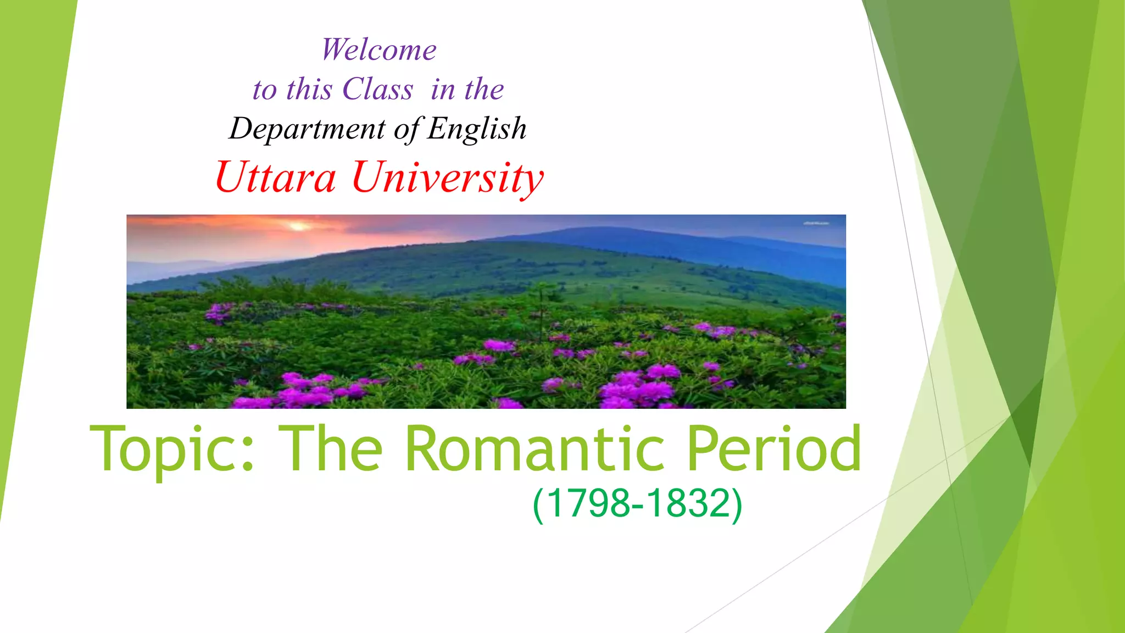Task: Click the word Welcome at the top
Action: click(x=379, y=49)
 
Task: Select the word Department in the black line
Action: click(x=307, y=129)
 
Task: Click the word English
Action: click(x=477, y=129)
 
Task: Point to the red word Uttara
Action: click(x=275, y=177)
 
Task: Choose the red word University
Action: click(x=448, y=177)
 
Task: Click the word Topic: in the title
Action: click(x=172, y=449)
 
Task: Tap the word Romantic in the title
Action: click(x=534, y=449)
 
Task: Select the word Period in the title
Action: click(x=773, y=449)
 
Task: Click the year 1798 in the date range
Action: click(x=588, y=503)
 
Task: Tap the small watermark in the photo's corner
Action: click(x=816, y=223)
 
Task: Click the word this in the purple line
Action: click(x=309, y=89)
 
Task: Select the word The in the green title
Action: click(x=330, y=449)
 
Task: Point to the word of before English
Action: click(x=408, y=130)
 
